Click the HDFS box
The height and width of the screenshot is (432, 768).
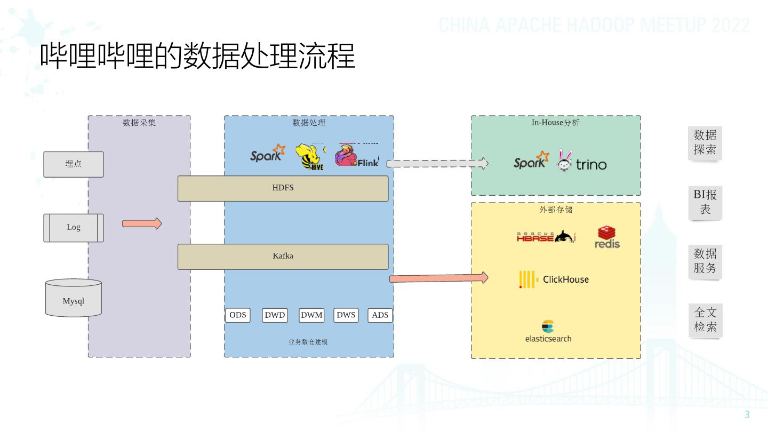tap(283, 188)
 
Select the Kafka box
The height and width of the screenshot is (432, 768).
tap(283, 257)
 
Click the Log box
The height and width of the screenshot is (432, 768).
tap(74, 228)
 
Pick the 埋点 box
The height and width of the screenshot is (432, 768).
tap(74, 164)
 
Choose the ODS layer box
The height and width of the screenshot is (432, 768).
tap(237, 315)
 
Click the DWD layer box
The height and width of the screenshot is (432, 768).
tap(275, 315)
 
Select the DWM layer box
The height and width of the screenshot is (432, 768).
tap(311, 315)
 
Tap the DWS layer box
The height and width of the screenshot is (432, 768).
tap(346, 315)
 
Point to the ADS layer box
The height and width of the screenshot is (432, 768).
tap(380, 315)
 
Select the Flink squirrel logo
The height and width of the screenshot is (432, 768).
tap(356, 156)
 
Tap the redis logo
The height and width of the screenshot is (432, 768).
tap(607, 237)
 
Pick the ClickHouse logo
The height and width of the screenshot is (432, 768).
tap(554, 279)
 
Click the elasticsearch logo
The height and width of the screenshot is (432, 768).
tap(548, 332)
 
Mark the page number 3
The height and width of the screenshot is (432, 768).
tap(747, 414)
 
